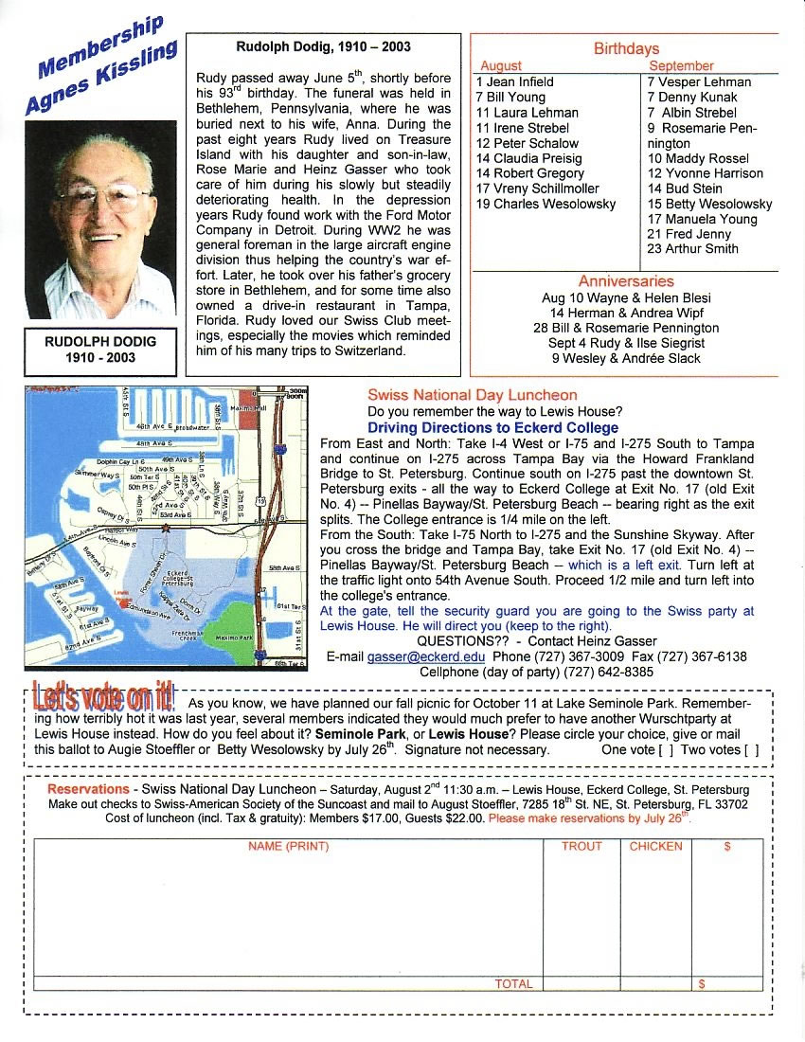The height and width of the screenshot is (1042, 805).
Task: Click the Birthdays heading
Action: [x=626, y=48]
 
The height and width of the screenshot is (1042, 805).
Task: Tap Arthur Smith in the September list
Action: [x=692, y=249]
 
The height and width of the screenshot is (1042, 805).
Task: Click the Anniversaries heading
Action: [x=626, y=281]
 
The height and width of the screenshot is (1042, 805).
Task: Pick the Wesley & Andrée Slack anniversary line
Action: [x=625, y=358]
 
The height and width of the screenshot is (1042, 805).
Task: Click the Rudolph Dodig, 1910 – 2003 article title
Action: [x=323, y=45]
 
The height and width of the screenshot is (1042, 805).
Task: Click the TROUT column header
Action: [x=581, y=846]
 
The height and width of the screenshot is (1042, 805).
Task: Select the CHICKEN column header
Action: [x=655, y=846]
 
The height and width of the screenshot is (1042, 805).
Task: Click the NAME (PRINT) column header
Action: [x=288, y=846]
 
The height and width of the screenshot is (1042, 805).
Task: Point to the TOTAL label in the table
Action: [x=513, y=984]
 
